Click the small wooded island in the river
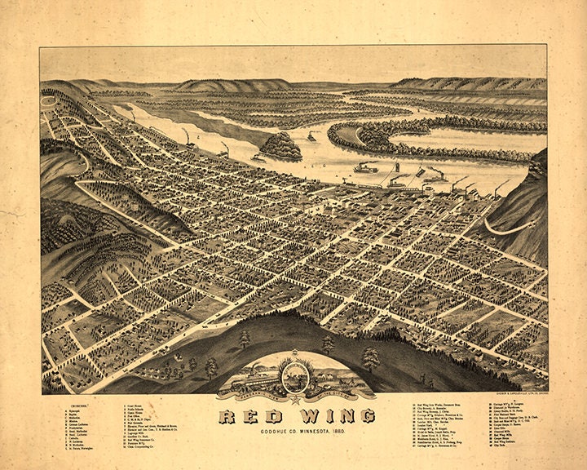click(x=280, y=146)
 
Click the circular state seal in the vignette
click(x=293, y=377)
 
